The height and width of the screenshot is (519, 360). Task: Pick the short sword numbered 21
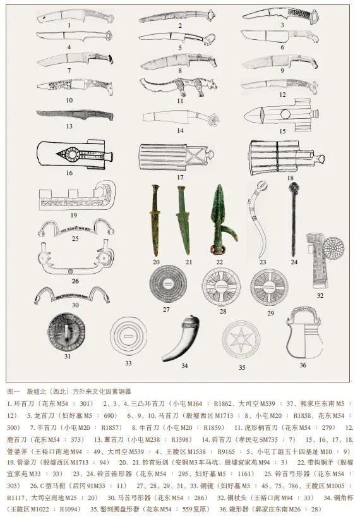pyautogui.click(x=183, y=218)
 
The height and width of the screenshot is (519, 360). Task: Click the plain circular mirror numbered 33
pyautogui.click(x=128, y=334)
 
